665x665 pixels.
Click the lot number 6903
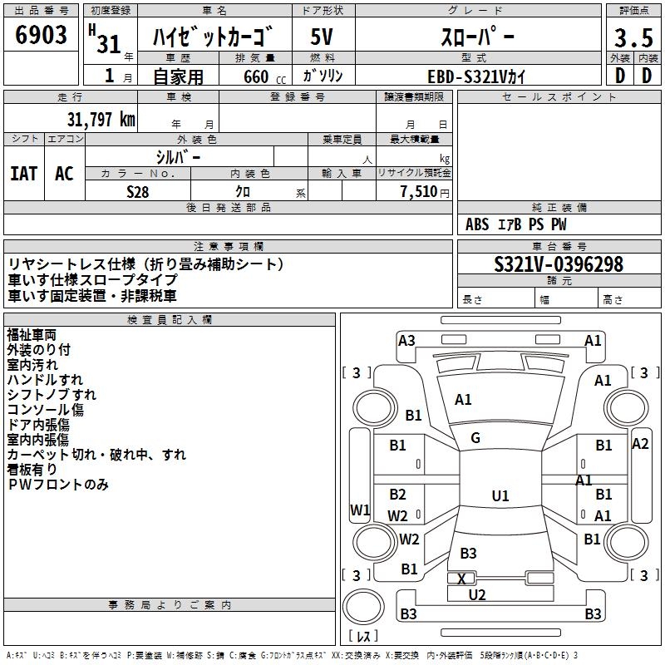[x=42, y=36]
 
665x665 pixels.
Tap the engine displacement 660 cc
[x=254, y=76]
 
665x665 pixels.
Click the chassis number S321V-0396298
[x=558, y=264]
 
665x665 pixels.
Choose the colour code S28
[x=139, y=191]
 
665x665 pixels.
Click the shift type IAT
[x=24, y=173]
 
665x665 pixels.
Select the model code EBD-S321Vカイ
[x=477, y=76]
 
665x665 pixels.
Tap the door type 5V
[x=323, y=38]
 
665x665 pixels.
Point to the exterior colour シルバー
[x=179, y=156]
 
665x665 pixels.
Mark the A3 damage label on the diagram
[x=406, y=340]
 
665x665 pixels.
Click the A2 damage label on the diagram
[x=640, y=443]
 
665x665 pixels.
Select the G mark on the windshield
[x=475, y=437]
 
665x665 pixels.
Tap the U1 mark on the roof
[x=500, y=495]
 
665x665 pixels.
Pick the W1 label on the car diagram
[x=359, y=510]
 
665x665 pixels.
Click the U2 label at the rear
[x=477, y=594]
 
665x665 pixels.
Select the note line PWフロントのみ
[x=58, y=485]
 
